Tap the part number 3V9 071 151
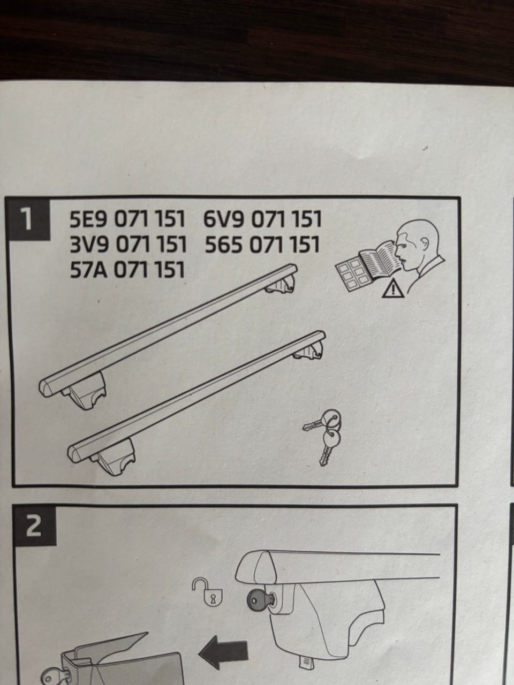point(127,245)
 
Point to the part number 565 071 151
point(262,245)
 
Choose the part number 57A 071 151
point(127,269)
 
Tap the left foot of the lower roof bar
point(113,458)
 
